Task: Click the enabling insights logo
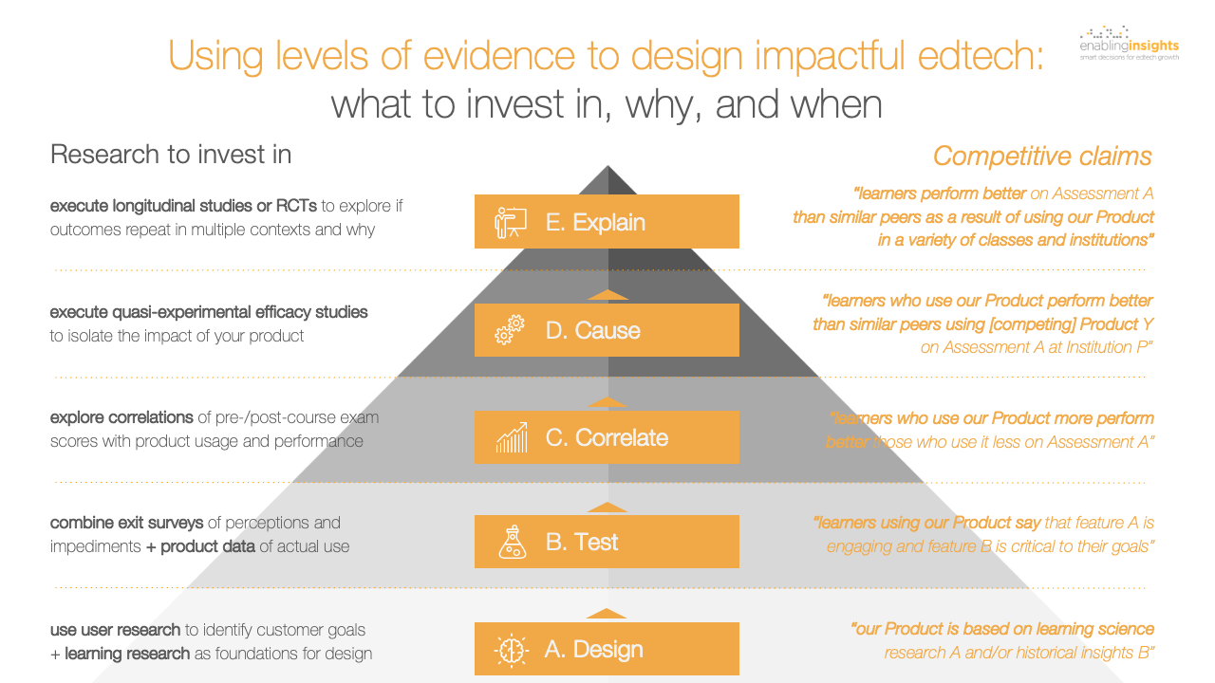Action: (1129, 43)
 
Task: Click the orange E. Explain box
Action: (607, 222)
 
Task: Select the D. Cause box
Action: (607, 330)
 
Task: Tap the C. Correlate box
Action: (607, 437)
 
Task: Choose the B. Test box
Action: (607, 542)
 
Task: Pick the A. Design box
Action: (607, 649)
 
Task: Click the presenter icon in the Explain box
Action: (511, 222)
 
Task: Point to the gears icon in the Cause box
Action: (511, 330)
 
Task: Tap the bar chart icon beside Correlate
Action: (511, 438)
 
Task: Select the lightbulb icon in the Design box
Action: (511, 650)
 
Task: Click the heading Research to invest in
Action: (171, 155)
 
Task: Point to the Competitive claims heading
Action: (1042, 156)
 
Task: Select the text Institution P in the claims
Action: (1103, 348)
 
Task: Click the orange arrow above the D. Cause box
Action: (607, 295)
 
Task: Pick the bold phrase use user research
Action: (115, 630)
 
